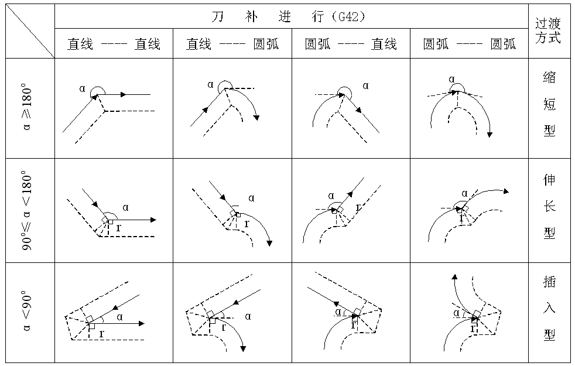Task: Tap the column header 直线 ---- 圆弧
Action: tap(232, 45)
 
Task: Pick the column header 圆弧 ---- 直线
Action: tap(351, 45)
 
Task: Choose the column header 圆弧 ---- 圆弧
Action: tap(469, 45)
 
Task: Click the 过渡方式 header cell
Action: tap(549, 30)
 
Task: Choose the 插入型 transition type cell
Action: tap(549, 310)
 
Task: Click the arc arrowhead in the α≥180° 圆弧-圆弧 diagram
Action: tap(490, 134)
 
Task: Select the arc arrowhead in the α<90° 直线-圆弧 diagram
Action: tap(242, 349)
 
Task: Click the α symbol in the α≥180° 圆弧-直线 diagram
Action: tap(365, 85)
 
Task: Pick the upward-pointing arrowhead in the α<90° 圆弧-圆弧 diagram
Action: tap(453, 276)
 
